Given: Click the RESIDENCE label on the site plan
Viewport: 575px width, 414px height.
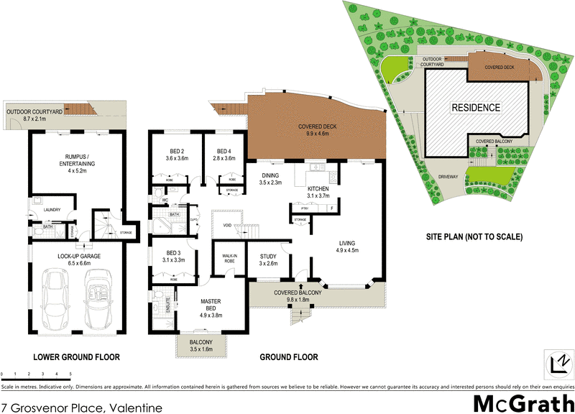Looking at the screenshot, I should [x=475, y=108].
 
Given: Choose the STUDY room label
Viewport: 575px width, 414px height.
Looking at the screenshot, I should [x=268, y=259].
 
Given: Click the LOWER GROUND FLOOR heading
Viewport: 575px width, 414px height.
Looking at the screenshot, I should [x=75, y=357].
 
